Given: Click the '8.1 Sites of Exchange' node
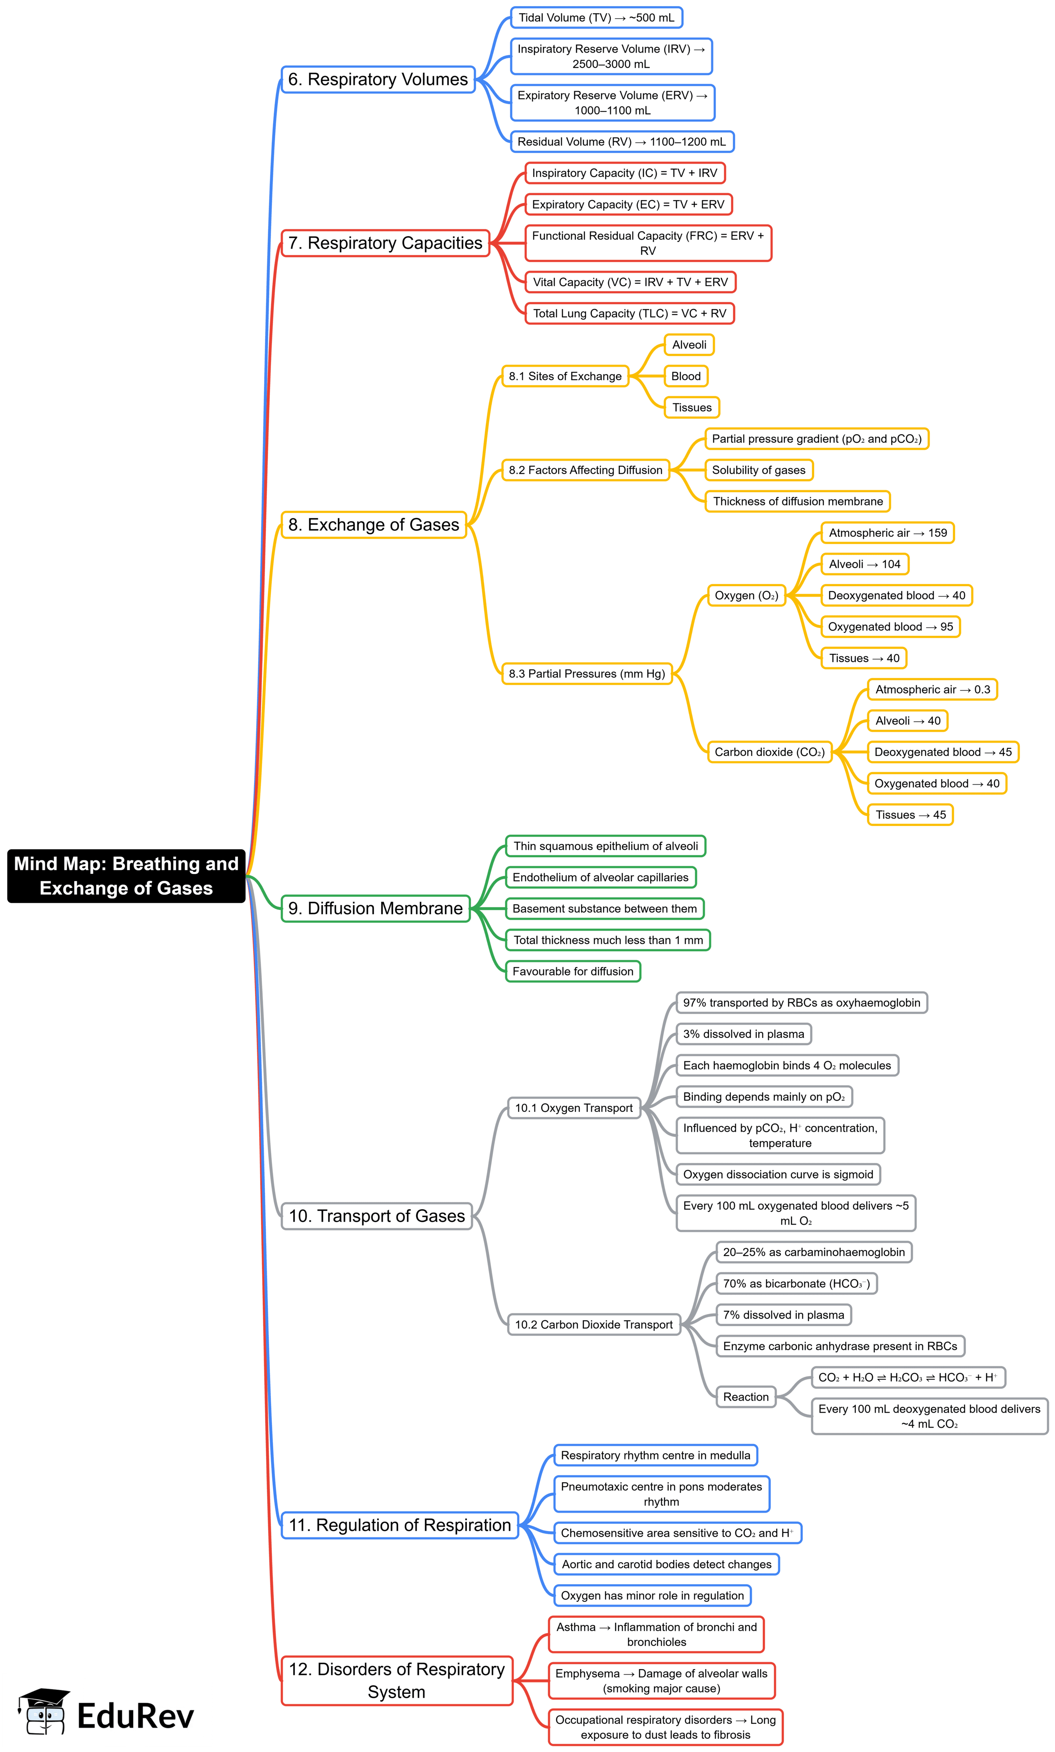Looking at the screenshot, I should tap(565, 376).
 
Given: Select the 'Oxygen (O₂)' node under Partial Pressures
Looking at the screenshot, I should tap(746, 595).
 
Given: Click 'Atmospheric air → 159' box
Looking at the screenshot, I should tap(887, 533).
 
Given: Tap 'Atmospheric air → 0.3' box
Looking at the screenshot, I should tap(931, 689).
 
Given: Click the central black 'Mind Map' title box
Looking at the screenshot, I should tap(126, 876).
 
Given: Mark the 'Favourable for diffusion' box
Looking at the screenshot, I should tap(572, 971).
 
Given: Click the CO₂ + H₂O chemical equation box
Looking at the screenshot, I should tap(907, 1377).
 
